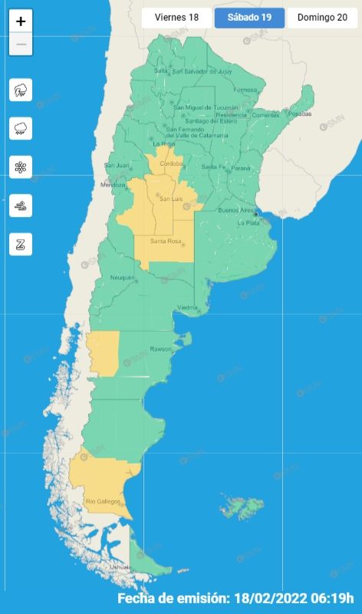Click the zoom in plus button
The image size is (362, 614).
(21, 21)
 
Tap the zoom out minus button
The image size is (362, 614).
(21, 45)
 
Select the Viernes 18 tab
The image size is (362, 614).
(176, 18)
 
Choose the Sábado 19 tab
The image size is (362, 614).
(249, 18)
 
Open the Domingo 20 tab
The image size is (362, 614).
(322, 18)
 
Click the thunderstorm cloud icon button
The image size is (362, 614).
(21, 91)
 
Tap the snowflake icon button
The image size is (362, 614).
(21, 167)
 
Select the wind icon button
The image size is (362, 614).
(21, 206)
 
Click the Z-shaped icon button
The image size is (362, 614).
(21, 245)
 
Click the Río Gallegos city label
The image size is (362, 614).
(102, 501)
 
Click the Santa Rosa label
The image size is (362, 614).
(165, 242)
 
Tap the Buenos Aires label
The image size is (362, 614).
(236, 210)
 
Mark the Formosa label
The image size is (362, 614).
(245, 90)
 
